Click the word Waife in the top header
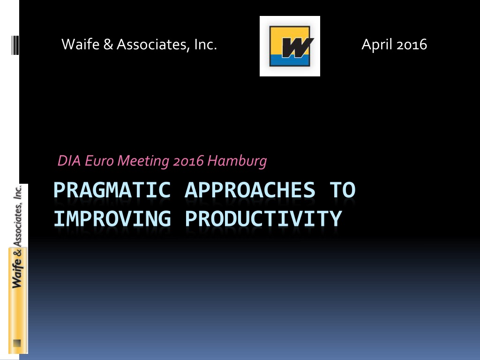point(81,45)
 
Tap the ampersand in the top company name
point(108,45)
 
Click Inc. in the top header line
point(205,45)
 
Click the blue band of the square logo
point(290,60)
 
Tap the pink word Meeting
point(143,161)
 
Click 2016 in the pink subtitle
point(188,161)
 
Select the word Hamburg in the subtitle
point(237,161)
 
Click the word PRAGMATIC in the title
point(112,190)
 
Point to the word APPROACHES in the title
point(250,190)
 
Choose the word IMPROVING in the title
point(112,218)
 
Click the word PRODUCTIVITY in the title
point(263,218)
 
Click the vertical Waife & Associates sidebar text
point(18,236)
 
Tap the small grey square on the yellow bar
point(17,343)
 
